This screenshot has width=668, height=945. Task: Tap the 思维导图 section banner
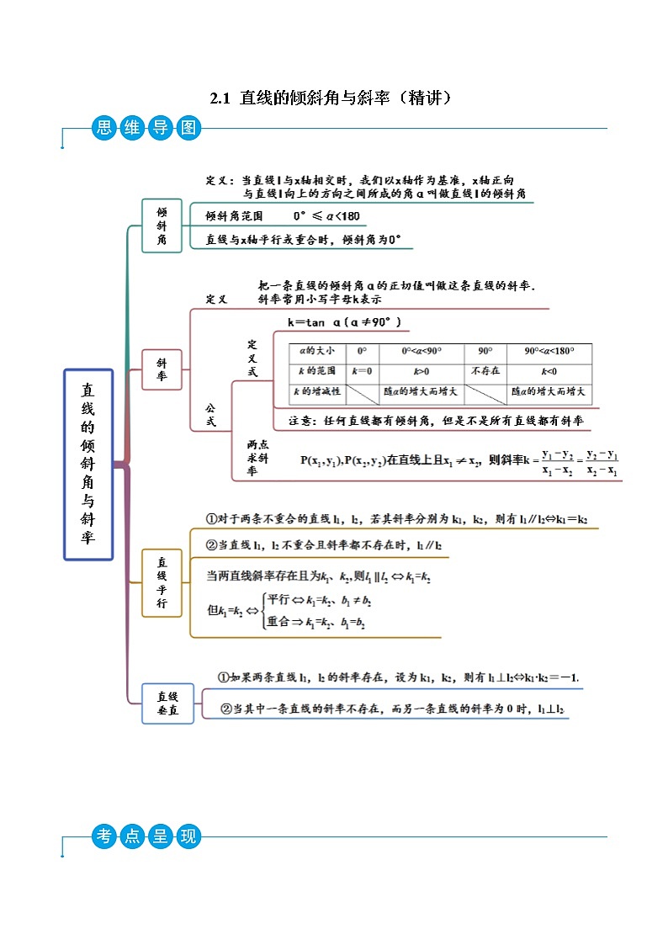(145, 129)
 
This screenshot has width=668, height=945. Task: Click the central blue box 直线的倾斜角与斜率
(88, 465)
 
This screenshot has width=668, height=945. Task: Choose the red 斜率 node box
(162, 369)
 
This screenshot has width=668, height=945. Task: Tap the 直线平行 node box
(162, 582)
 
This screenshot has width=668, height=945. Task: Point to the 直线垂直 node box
(168, 703)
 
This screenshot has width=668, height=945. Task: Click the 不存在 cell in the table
(485, 371)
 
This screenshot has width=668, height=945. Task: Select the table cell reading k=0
(362, 371)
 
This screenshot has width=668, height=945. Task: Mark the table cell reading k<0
(549, 371)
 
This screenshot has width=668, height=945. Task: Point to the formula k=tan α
(344, 322)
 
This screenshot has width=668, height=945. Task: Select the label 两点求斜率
(257, 458)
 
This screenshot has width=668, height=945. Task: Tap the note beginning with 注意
(436, 420)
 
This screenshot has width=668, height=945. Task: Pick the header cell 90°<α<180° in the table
(549, 352)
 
